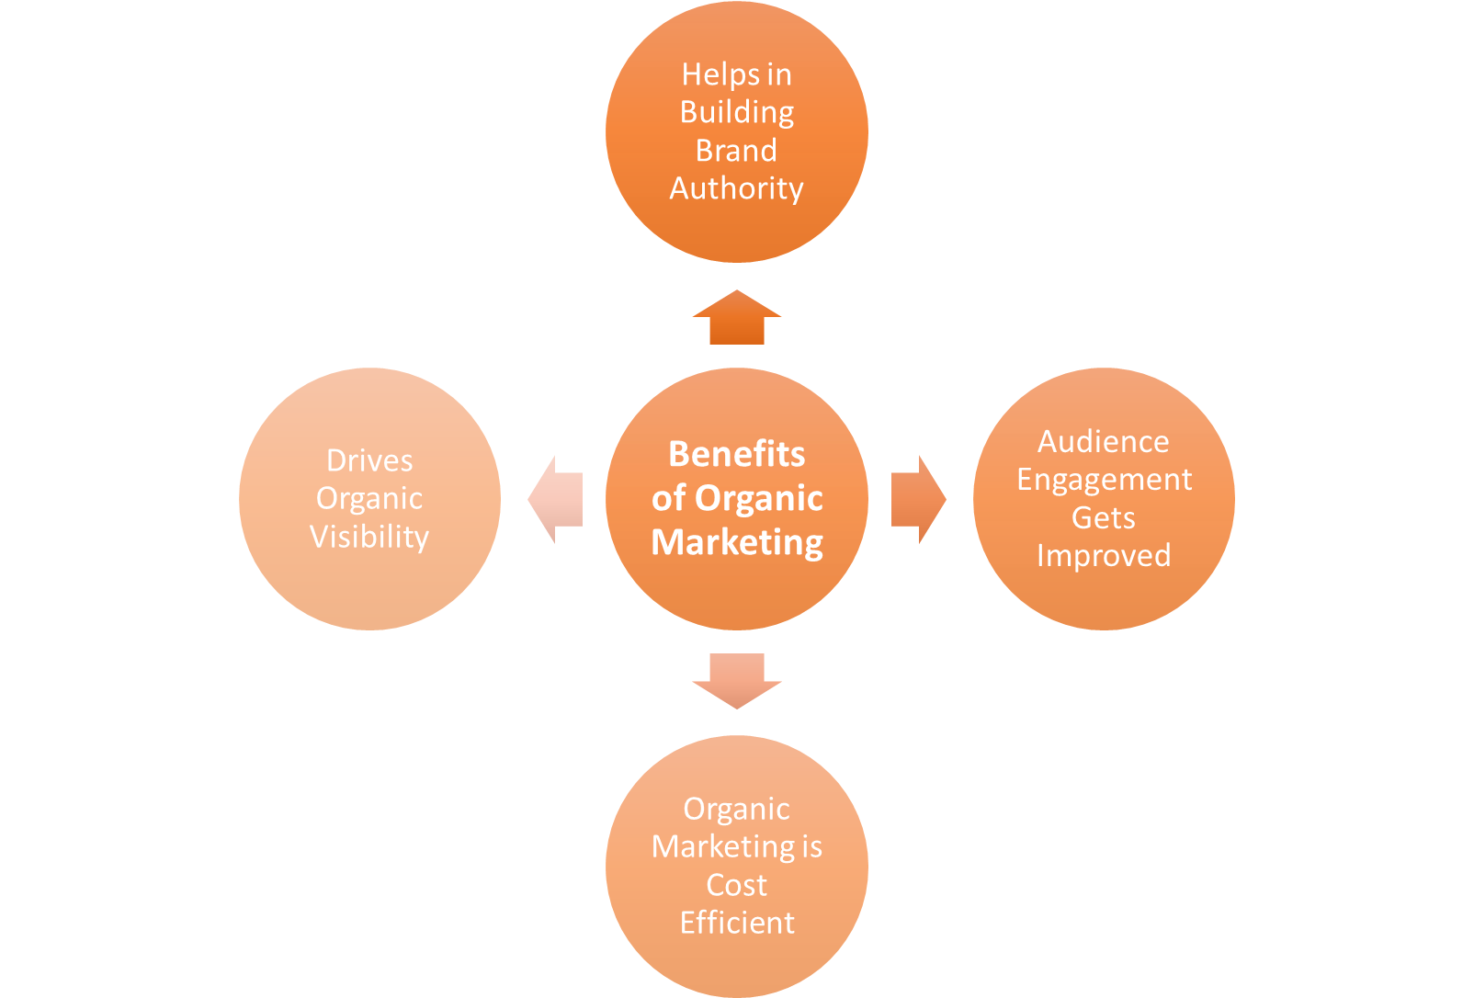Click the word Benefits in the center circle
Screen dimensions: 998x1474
coord(736,454)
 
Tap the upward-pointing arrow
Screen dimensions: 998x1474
coord(737,319)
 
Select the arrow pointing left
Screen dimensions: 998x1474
coord(557,499)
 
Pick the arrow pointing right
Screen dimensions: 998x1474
coord(916,499)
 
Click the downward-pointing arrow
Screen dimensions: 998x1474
coord(737,679)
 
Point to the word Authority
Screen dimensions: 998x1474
coord(736,188)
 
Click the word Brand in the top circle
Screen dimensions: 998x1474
coord(736,150)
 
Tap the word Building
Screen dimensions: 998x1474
coord(737,112)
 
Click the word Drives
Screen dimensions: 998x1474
coord(369,460)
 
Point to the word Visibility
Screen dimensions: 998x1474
coord(369,537)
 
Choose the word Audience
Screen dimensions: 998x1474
coord(1103,442)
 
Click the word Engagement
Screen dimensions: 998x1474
coord(1104,480)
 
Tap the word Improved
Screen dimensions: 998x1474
coord(1104,556)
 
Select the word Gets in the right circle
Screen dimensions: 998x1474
coord(1103,518)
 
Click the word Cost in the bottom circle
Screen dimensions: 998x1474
coord(736,885)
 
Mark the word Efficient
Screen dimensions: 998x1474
coord(737,923)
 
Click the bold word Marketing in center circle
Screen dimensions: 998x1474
coord(737,542)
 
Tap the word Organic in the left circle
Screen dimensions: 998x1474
coord(369,498)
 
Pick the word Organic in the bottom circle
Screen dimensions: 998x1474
coord(736,809)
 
